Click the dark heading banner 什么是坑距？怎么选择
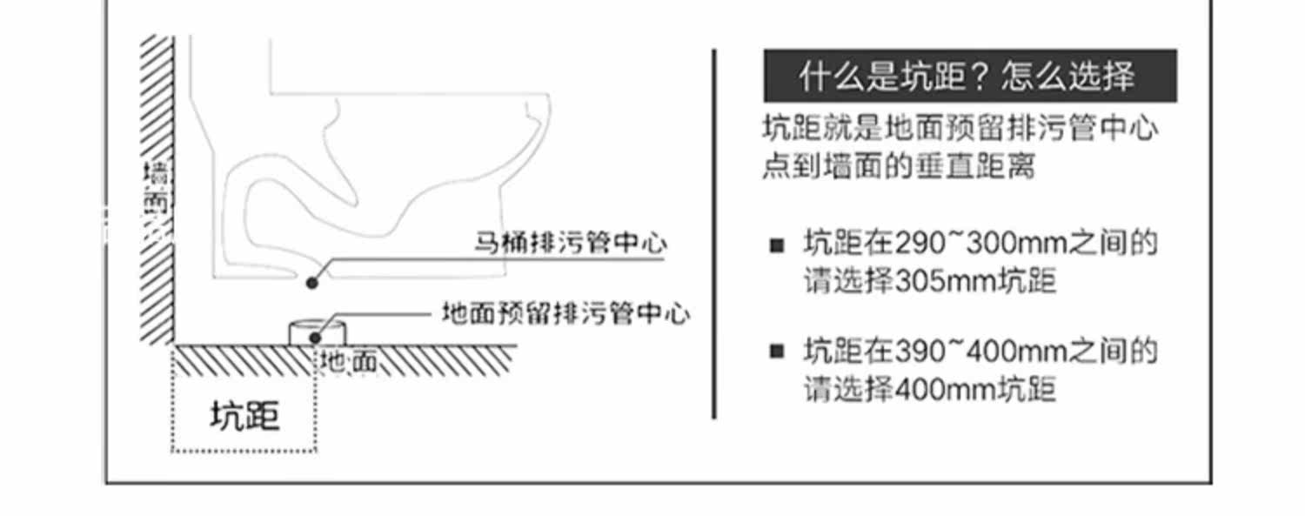pyautogui.click(x=969, y=77)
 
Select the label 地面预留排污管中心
pyautogui.click(x=565, y=313)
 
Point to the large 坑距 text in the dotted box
pyautogui.click(x=245, y=417)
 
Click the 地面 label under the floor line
pyautogui.click(x=349, y=361)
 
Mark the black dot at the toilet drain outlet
pyautogui.click(x=311, y=281)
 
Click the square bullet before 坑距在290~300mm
pyautogui.click(x=777, y=245)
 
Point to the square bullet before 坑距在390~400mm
pyautogui.click(x=777, y=353)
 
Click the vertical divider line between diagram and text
pyautogui.click(x=714, y=235)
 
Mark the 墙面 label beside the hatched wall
pyautogui.click(x=158, y=187)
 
